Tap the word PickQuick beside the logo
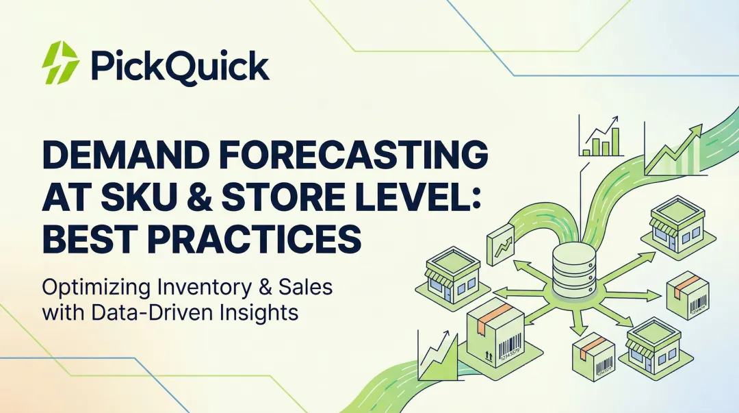(179, 67)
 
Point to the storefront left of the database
(452, 273)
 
